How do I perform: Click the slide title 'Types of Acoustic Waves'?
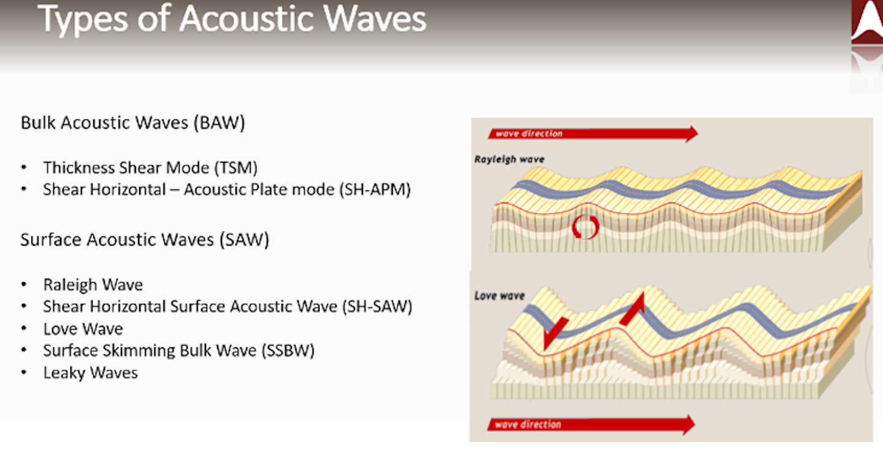[x=232, y=19]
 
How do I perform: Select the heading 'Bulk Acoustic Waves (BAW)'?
[x=133, y=123]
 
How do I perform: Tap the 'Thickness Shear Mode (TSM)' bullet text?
[x=150, y=168]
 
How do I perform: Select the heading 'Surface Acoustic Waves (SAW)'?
[x=145, y=240]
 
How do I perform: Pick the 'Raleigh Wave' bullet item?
[x=93, y=285]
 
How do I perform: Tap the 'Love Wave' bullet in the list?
[x=83, y=329]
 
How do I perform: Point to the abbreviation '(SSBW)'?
[x=288, y=350]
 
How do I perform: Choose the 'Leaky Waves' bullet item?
[x=90, y=373]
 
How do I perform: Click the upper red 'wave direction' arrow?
[x=593, y=134]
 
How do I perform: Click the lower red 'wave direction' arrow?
[x=591, y=425]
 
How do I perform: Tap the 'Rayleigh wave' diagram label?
[x=510, y=159]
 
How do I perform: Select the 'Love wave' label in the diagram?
[x=499, y=296]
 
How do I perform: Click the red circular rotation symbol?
[x=586, y=227]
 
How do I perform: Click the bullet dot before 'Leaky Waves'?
[x=24, y=372]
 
